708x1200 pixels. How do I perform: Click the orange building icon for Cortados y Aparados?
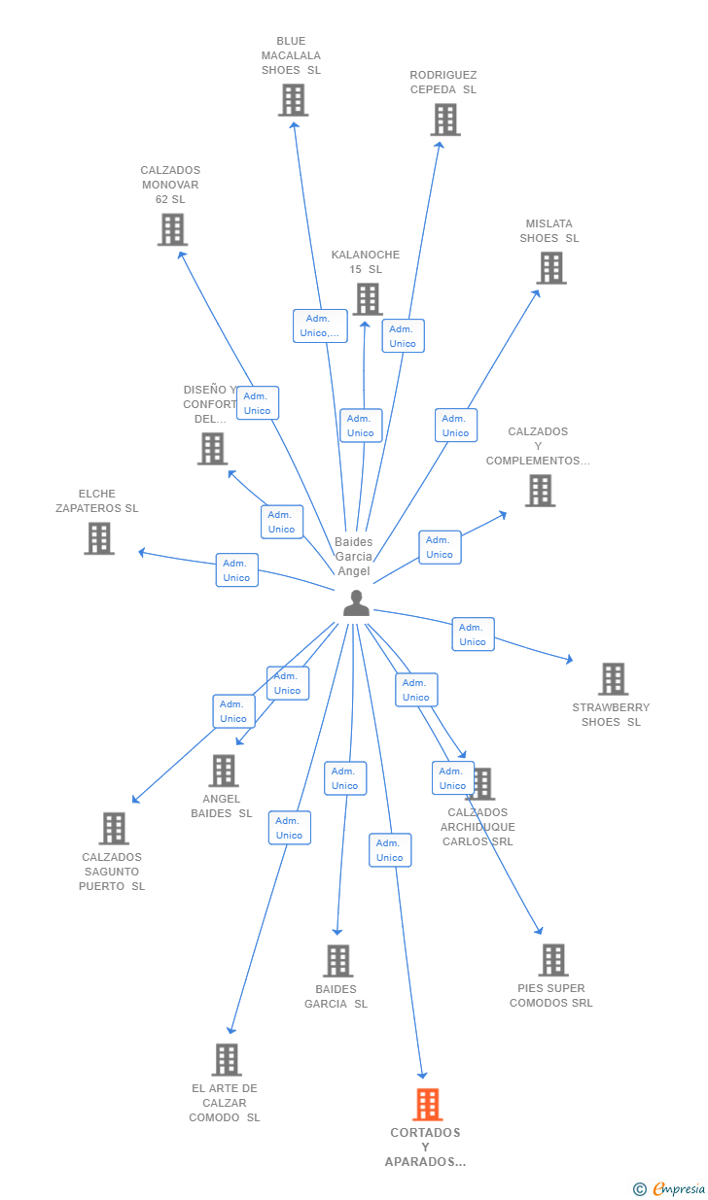tap(428, 1104)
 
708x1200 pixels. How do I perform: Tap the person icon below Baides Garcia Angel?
tap(356, 602)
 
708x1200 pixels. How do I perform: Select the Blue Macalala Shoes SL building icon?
tap(293, 100)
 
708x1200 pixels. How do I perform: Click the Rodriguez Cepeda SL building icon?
tap(445, 120)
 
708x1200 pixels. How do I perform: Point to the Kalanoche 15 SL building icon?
tap(368, 299)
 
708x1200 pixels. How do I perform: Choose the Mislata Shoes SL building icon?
tap(551, 268)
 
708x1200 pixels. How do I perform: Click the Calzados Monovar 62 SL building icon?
tap(172, 229)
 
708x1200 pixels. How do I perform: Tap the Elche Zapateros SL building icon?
tap(99, 538)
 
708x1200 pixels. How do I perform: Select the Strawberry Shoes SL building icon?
tap(613, 679)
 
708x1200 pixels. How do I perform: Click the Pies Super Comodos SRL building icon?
tap(553, 959)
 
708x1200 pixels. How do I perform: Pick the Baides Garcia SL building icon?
tap(337, 961)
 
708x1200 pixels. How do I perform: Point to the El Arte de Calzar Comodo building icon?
tap(227, 1059)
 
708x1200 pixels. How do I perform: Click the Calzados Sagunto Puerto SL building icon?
tap(114, 828)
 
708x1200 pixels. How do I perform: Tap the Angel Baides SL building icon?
tap(223, 771)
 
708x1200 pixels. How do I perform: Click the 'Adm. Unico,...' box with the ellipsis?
tap(320, 326)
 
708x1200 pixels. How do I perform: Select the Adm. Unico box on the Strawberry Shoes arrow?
tap(473, 634)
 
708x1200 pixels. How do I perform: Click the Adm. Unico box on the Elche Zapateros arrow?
tap(237, 570)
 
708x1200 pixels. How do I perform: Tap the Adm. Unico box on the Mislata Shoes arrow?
tap(456, 426)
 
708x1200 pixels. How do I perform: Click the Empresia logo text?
tap(679, 1188)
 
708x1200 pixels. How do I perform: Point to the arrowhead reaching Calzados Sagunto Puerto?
tap(136, 800)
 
